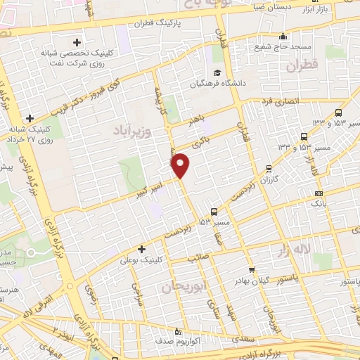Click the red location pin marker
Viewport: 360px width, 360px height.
coord(181,165)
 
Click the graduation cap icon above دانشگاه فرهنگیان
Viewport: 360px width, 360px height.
coord(217,72)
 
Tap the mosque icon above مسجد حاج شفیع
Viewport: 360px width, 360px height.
coord(283,36)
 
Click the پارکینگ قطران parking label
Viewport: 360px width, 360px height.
coord(163,22)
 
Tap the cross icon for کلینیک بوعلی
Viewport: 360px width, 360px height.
coord(142,248)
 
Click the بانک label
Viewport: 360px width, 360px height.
coord(319,203)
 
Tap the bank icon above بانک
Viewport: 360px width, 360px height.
coord(319,193)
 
